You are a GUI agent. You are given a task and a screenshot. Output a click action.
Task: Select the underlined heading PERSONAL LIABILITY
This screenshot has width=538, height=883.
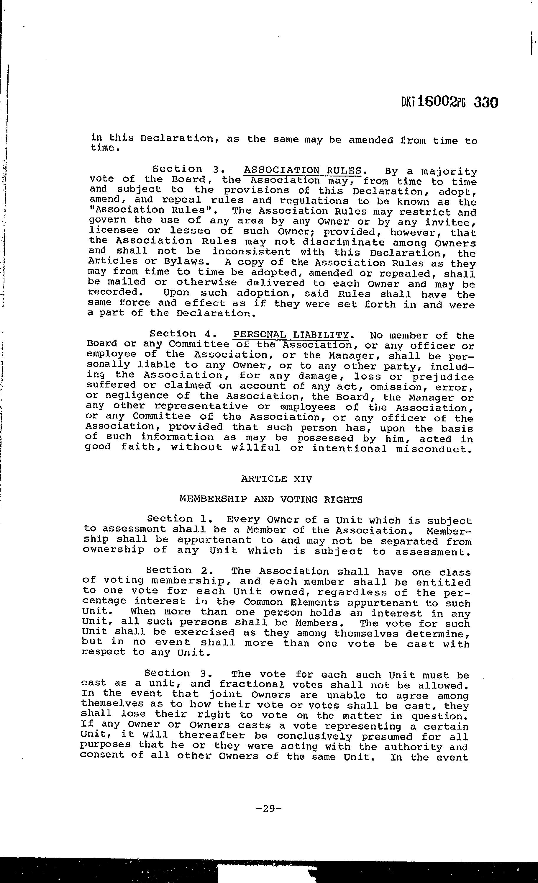click(291, 335)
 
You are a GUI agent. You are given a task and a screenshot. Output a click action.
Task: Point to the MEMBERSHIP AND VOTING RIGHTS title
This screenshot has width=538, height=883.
click(271, 499)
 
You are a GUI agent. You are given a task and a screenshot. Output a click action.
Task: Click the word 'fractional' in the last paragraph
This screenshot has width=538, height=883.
click(252, 685)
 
